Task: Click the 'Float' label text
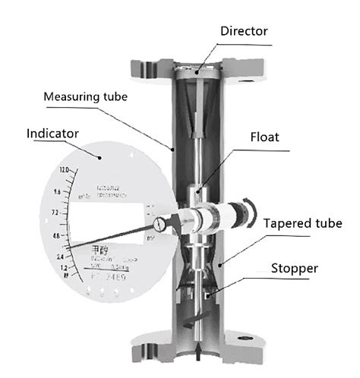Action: (x=266, y=138)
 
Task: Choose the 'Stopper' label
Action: (x=297, y=269)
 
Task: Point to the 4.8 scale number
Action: (x=55, y=236)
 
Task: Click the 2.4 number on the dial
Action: (x=58, y=257)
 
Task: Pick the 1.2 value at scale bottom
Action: (x=64, y=269)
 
